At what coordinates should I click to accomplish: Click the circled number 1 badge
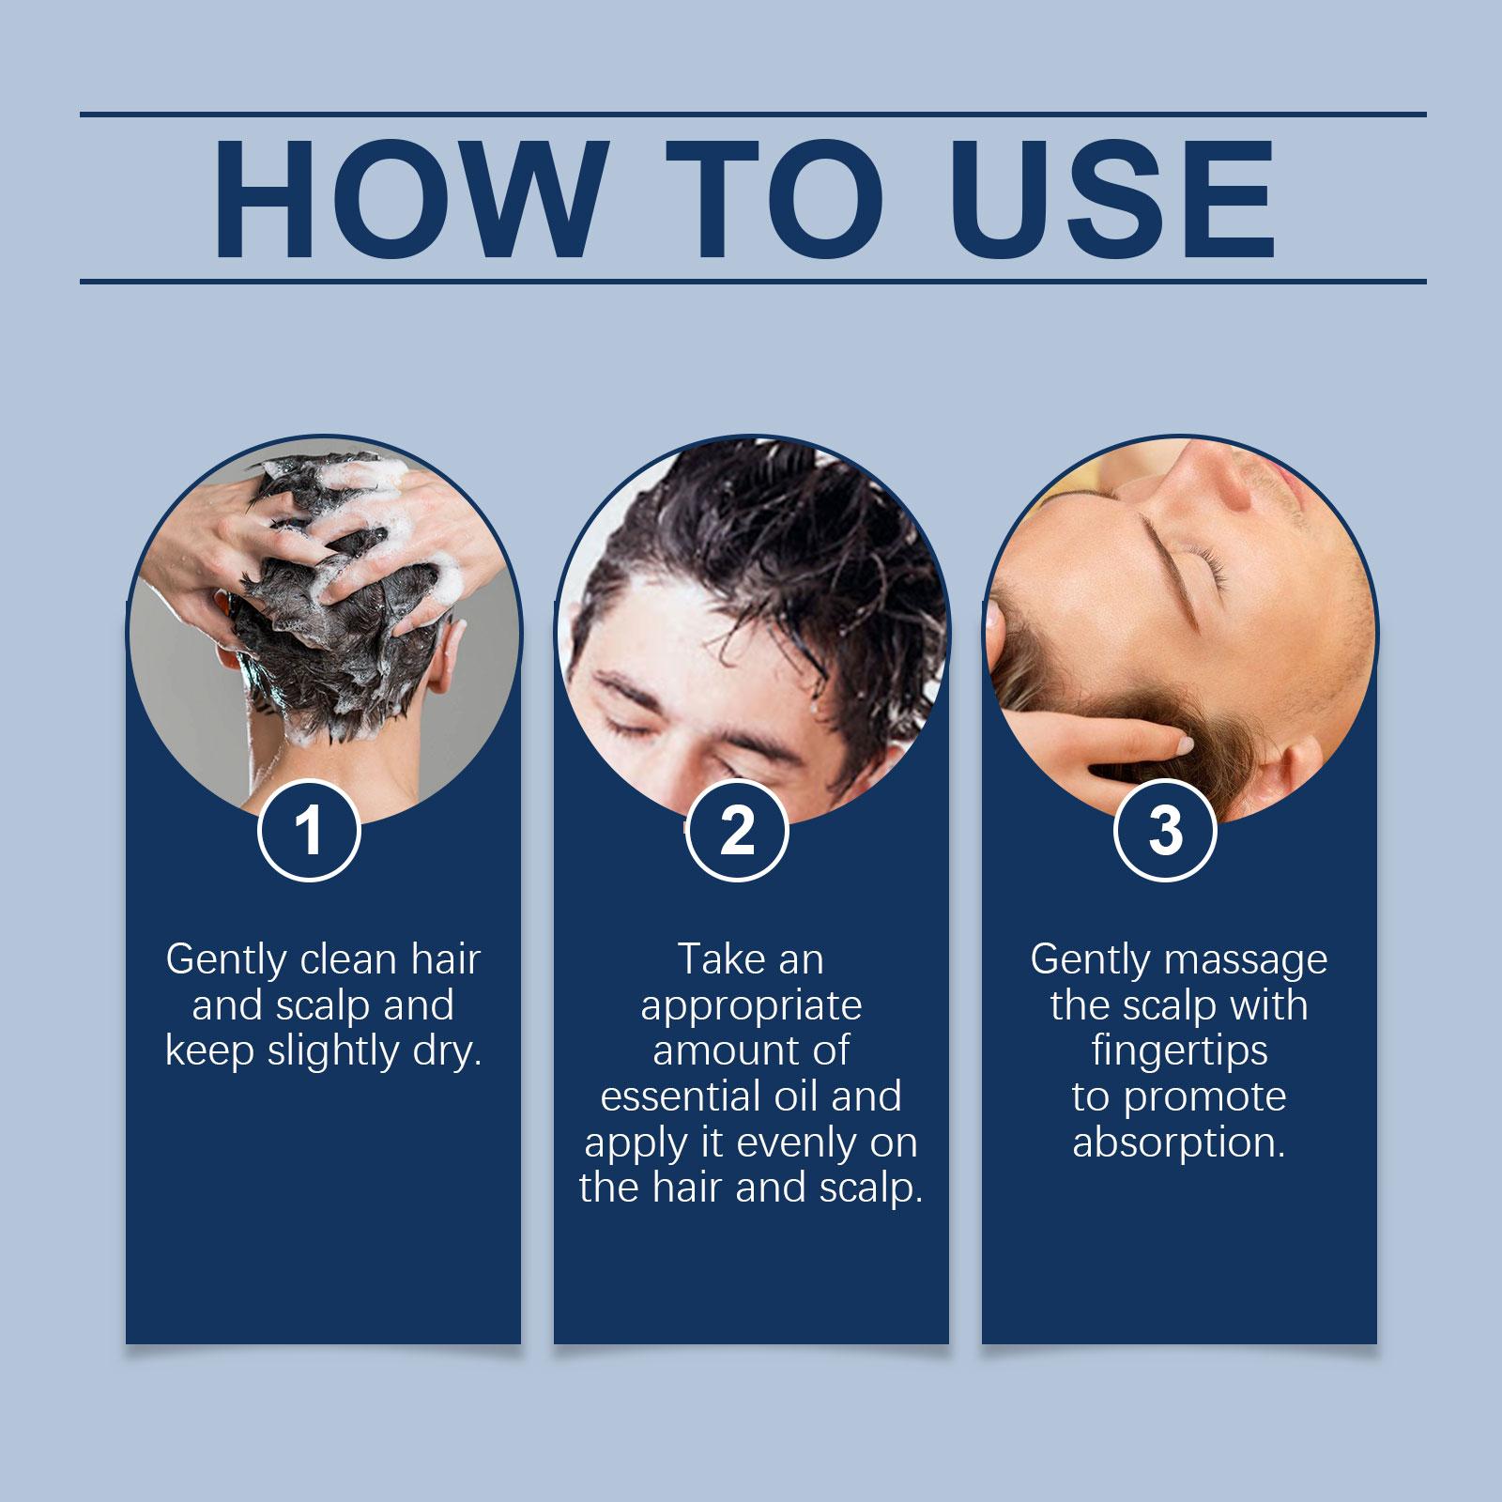pos(310,830)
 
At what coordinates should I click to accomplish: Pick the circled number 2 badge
pos(737,830)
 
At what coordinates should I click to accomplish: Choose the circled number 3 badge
pos(1165,830)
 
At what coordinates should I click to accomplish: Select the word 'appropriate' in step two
pos(751,1006)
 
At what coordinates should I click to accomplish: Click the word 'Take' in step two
pos(714,959)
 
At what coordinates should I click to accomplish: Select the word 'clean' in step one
pos(348,959)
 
